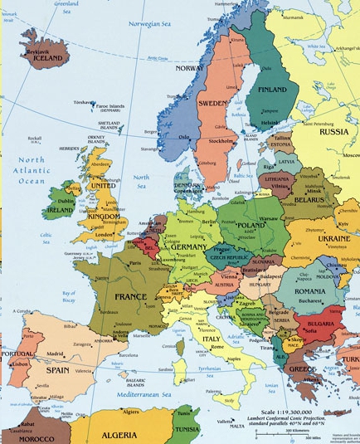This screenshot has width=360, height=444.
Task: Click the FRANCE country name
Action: point(130,296)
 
